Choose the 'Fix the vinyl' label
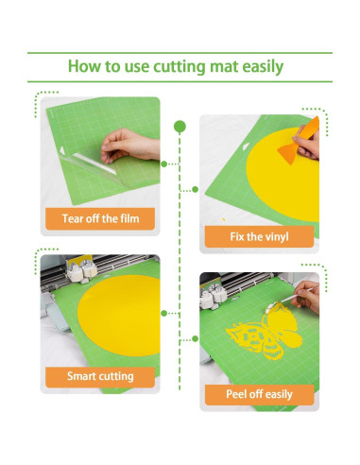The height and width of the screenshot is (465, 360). [259, 236]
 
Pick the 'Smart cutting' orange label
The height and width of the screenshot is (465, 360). [99, 376]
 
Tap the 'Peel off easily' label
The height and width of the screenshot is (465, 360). [259, 394]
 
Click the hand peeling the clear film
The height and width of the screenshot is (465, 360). [129, 145]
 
